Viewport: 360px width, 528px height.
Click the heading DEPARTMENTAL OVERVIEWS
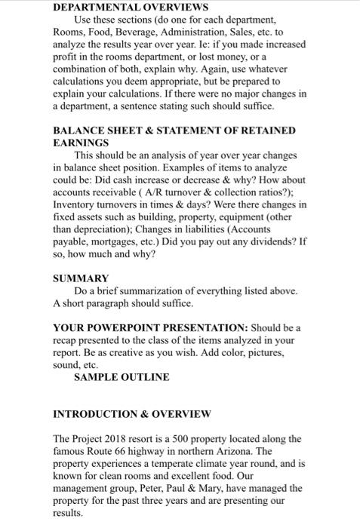tap(120, 6)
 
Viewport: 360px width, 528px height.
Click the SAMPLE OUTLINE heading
tap(122, 376)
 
